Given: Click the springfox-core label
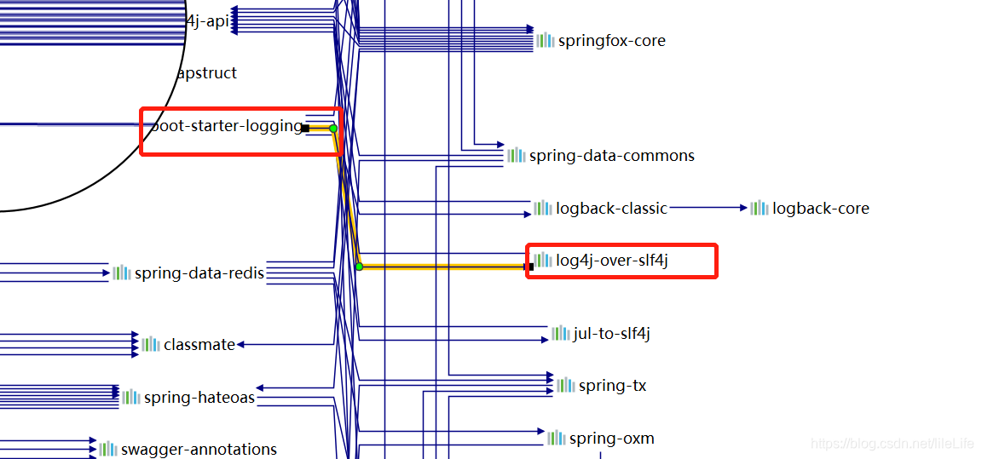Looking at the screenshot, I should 611,41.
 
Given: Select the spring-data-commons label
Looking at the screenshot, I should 611,156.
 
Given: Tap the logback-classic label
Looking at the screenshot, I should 611,209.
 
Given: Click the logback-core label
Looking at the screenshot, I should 820,209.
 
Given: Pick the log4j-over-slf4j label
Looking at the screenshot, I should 612,261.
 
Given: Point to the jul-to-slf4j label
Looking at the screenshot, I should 611,334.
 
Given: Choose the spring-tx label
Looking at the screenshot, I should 612,386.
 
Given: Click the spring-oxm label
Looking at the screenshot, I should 611,439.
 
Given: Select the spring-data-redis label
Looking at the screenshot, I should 199,273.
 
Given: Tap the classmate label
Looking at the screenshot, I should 199,345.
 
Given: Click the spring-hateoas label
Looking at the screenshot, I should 199,398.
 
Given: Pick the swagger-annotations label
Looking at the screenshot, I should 199,450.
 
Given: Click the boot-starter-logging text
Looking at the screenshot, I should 226,127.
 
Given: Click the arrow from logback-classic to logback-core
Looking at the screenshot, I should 708,208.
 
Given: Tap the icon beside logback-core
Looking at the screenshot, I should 759,208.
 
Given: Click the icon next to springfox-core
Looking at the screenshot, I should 545,40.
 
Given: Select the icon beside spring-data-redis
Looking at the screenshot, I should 122,273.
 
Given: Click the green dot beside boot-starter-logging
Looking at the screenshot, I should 333,129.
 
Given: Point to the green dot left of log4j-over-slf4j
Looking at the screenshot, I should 359,267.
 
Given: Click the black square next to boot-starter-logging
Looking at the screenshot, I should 305,129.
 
